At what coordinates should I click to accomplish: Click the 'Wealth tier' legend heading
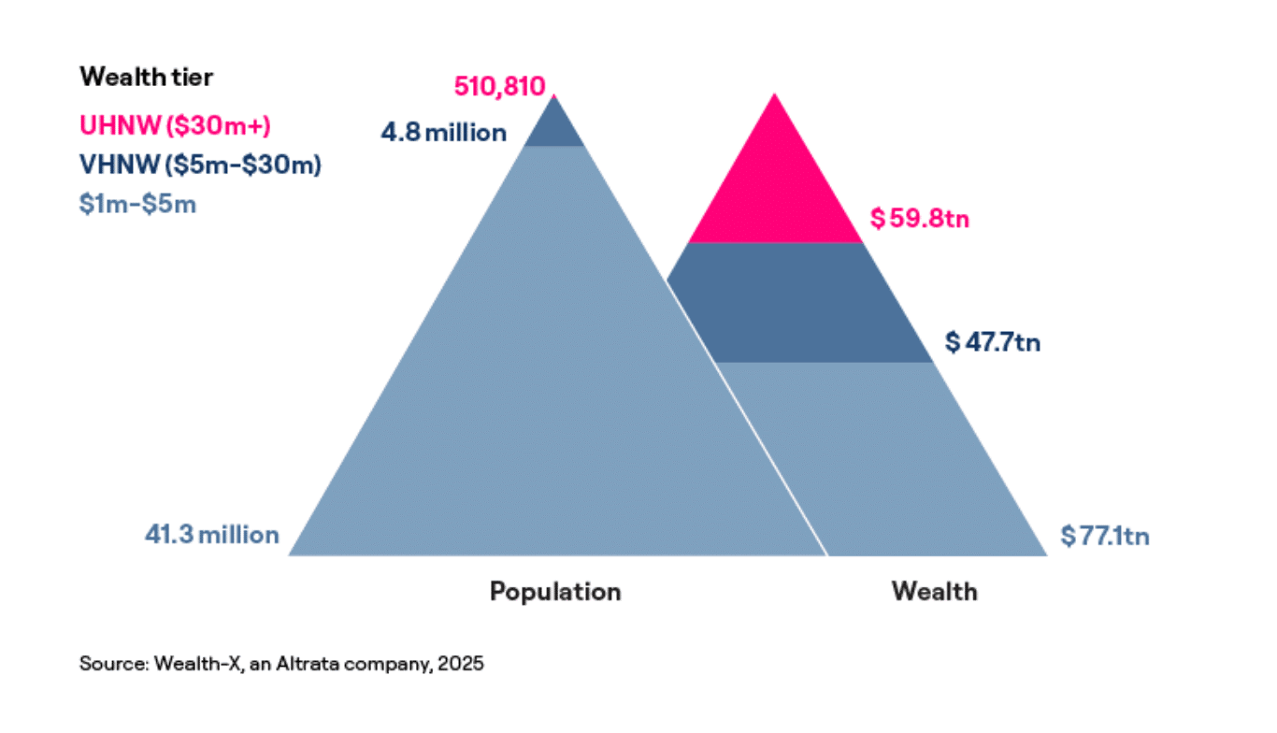tap(146, 77)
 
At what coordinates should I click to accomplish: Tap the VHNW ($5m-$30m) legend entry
tap(200, 165)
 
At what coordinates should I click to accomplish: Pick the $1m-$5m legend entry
tap(137, 204)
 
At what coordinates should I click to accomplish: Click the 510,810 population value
tap(499, 87)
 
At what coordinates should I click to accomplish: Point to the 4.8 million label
tap(443, 133)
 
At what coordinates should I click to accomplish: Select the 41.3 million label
tap(211, 535)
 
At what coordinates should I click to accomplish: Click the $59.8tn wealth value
tap(920, 219)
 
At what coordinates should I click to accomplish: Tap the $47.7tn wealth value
tap(992, 342)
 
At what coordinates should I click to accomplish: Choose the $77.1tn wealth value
tap(1105, 536)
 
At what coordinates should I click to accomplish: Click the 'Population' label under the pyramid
tap(555, 592)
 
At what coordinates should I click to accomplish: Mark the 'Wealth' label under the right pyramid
tap(934, 592)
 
